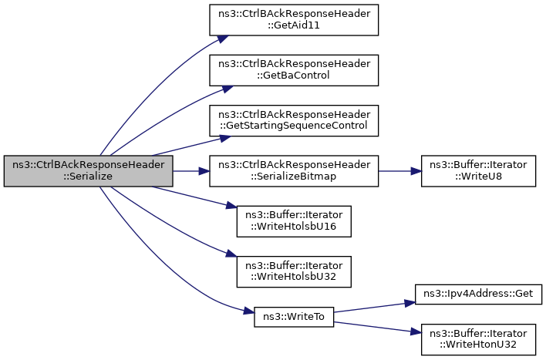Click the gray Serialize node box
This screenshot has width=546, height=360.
[x=88, y=170]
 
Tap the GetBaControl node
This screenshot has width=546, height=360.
[x=294, y=70]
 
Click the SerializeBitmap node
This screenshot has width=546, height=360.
[x=294, y=170]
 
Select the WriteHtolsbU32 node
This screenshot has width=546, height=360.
[x=294, y=271]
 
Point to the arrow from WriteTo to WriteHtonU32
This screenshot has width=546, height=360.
[x=374, y=325]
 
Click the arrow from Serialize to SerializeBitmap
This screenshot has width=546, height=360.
[x=191, y=170]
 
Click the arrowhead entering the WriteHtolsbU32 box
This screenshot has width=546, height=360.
[x=230, y=257]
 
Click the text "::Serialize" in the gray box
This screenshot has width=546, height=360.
[x=88, y=177]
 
